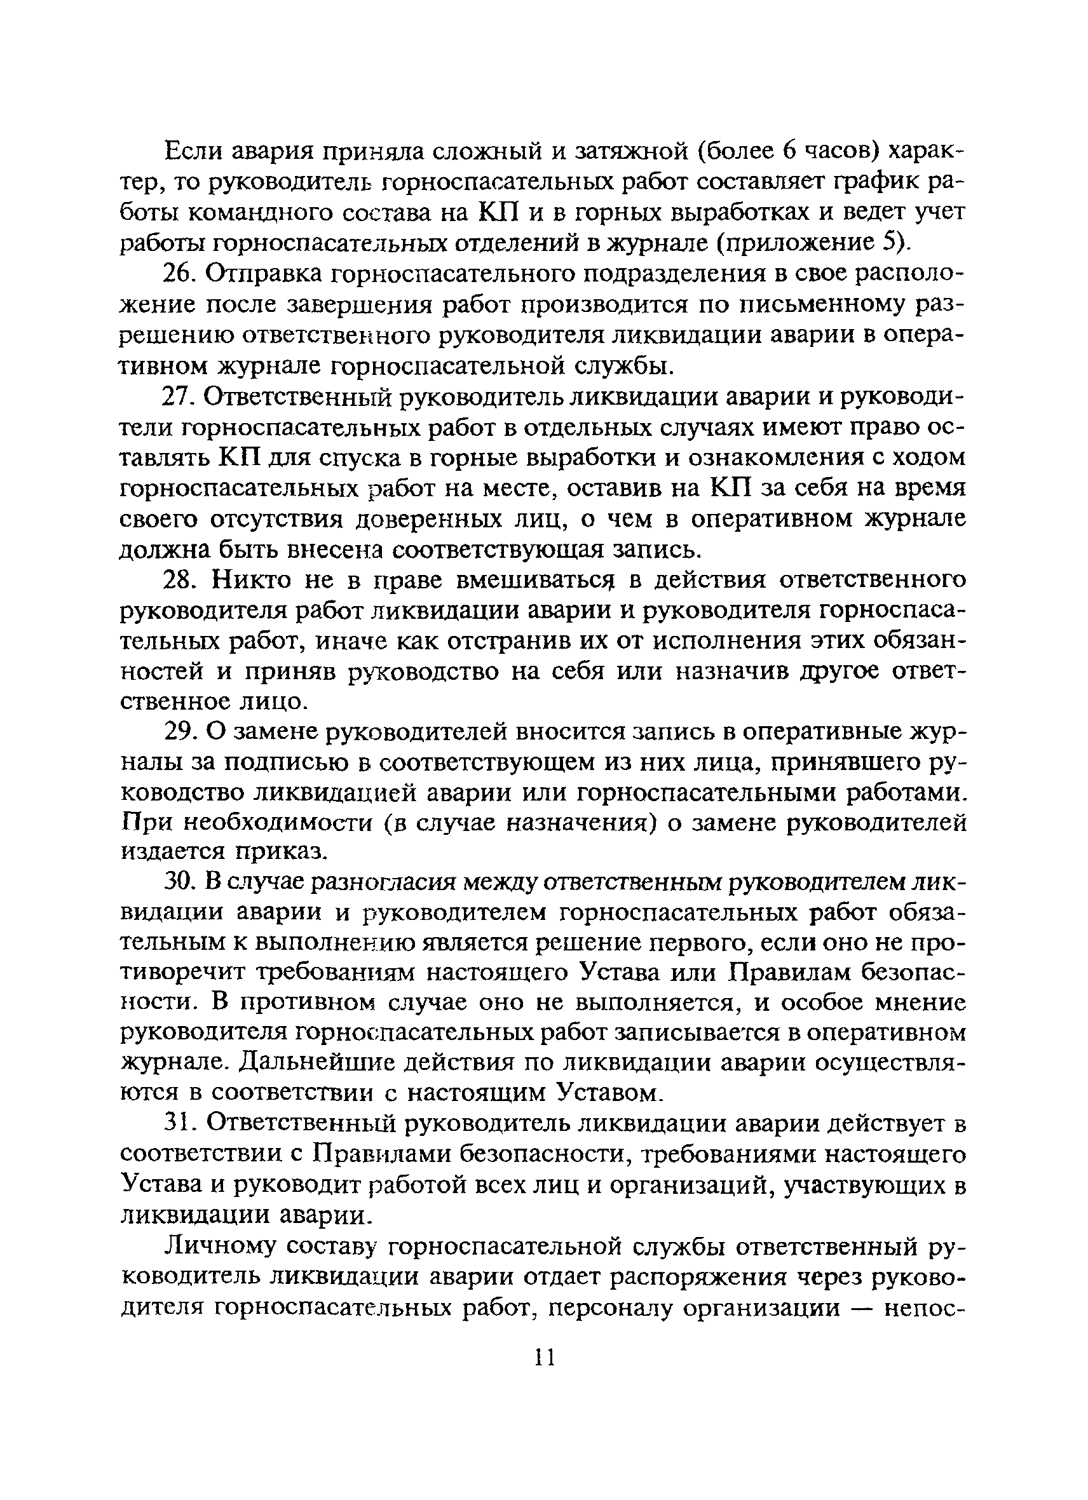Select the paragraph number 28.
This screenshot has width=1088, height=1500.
(x=179, y=580)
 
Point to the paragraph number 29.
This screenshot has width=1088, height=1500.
(x=179, y=732)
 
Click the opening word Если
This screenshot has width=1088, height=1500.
(x=191, y=151)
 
